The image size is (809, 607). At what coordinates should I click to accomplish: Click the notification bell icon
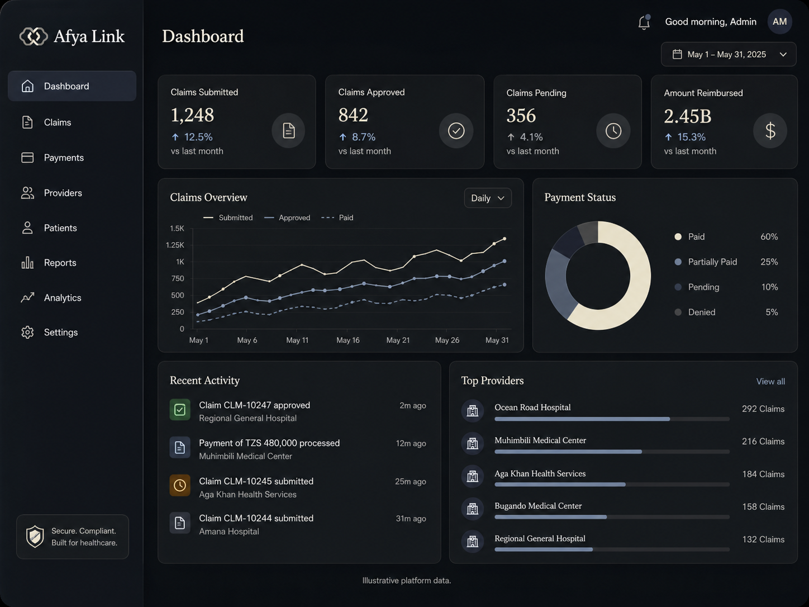click(644, 22)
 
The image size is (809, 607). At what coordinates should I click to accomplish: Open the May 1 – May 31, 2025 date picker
click(729, 54)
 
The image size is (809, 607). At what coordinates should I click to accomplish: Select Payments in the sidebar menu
click(64, 158)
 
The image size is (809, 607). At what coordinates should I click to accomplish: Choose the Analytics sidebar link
click(62, 298)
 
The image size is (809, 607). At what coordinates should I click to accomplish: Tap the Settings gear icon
click(27, 332)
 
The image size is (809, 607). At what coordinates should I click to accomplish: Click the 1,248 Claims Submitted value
click(192, 115)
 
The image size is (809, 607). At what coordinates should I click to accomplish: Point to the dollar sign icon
click(770, 131)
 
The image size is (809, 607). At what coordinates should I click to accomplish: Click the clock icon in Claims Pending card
click(613, 131)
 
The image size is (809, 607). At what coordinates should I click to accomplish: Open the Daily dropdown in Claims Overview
click(488, 198)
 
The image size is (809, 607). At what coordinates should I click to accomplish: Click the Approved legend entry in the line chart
click(287, 217)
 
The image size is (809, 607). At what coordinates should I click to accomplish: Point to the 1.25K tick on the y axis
click(175, 245)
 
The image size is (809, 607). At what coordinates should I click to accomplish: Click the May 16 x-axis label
click(348, 340)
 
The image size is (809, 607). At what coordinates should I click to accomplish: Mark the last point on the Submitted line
click(505, 239)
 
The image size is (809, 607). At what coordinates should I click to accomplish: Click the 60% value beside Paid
click(769, 236)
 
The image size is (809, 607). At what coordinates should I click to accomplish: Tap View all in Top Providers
click(770, 381)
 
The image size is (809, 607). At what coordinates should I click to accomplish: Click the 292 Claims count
click(763, 409)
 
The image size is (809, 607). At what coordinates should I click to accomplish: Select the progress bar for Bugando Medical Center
click(612, 517)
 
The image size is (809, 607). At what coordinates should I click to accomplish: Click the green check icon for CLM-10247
click(180, 410)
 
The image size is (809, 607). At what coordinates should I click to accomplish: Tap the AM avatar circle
click(779, 22)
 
